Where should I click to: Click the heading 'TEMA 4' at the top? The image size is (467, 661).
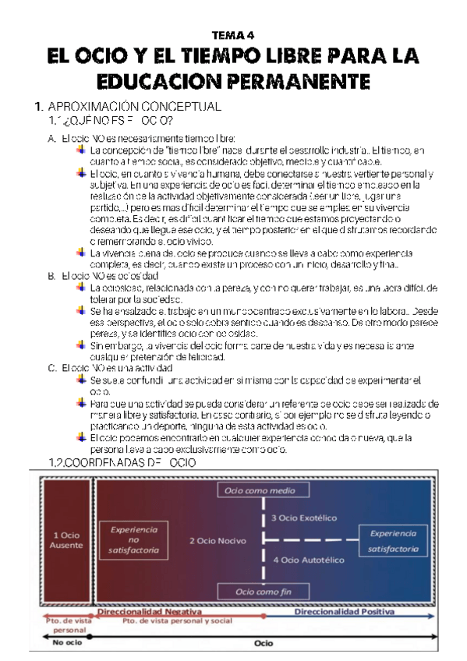[233, 35]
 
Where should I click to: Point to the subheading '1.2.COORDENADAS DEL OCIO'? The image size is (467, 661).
[122, 463]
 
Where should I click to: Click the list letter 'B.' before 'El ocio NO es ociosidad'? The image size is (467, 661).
[51, 276]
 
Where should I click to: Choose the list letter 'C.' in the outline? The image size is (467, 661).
[51, 367]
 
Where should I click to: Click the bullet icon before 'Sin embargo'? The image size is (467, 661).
[83, 344]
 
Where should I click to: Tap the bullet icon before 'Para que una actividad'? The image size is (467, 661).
[83, 403]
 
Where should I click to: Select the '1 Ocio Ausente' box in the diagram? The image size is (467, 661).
[67, 540]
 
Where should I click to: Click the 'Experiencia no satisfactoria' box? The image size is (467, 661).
[134, 539]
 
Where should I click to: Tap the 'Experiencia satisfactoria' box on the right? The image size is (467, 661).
[393, 540]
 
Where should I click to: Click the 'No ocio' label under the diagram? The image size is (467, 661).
[67, 644]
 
